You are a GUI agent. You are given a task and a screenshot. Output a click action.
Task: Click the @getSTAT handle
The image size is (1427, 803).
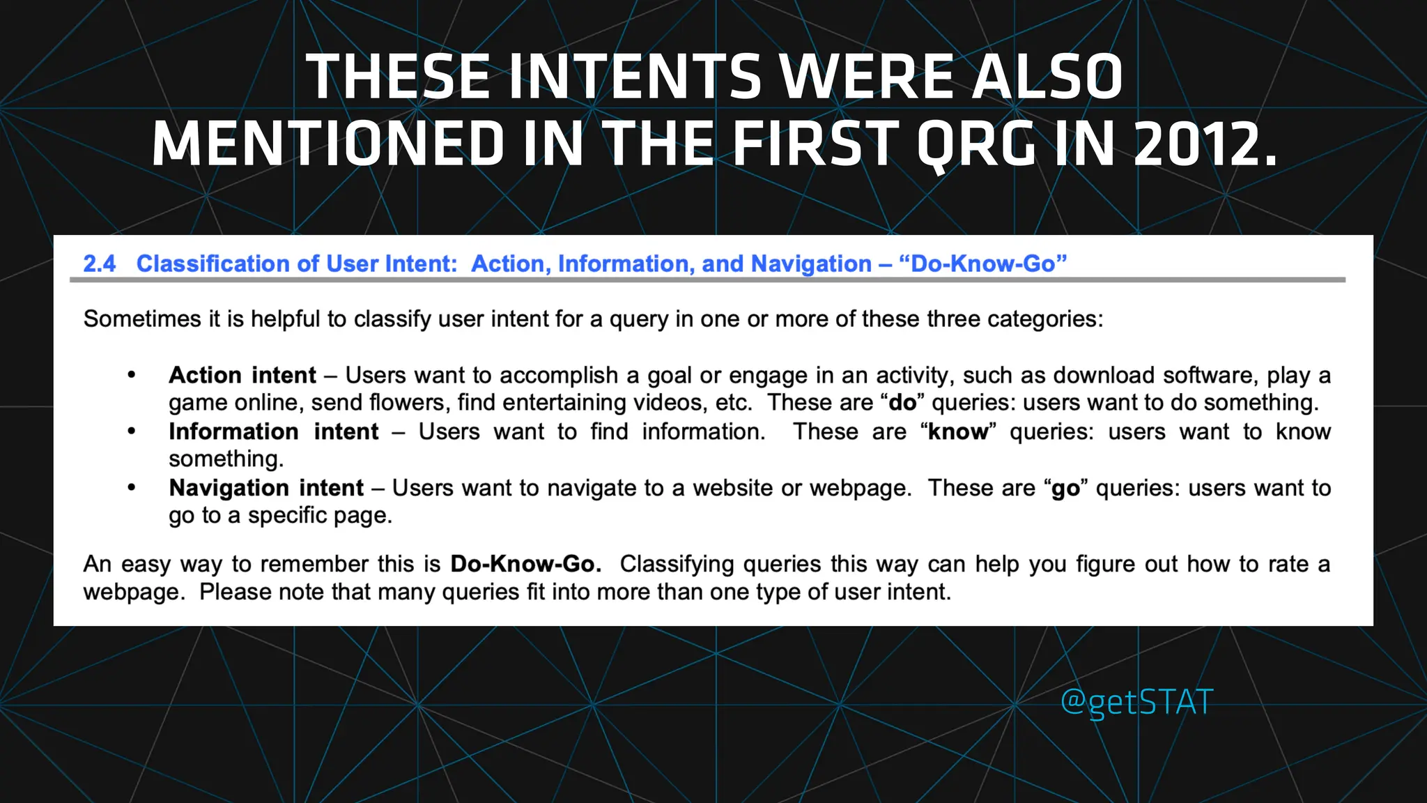1136,702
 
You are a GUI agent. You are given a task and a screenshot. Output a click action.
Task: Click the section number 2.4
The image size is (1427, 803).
99,263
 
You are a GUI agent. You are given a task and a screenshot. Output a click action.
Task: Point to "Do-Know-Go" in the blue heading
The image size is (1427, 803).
983,263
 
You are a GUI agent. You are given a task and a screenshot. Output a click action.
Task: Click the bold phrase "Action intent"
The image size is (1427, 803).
242,375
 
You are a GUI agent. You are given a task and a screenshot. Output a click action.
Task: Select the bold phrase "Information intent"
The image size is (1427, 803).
273,431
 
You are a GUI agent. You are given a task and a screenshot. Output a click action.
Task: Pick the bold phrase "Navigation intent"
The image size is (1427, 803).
266,488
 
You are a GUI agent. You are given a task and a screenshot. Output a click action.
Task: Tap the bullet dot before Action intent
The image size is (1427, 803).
132,375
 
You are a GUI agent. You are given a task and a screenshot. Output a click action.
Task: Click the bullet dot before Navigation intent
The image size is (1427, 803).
132,488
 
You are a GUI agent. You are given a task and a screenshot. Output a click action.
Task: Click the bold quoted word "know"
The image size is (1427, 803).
958,431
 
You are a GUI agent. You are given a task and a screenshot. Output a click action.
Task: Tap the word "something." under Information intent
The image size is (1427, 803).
226,459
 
